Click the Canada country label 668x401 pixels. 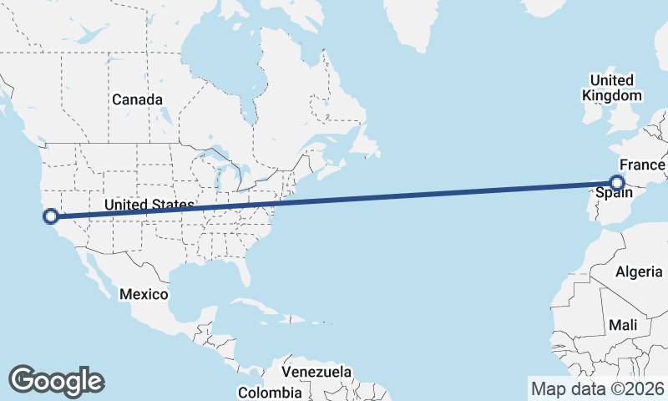click(x=137, y=99)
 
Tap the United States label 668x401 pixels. click(x=149, y=205)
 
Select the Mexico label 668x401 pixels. click(x=144, y=294)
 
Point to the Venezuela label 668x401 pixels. click(x=316, y=372)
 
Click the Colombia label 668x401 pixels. click(x=270, y=392)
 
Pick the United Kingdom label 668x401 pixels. click(x=611, y=88)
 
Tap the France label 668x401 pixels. click(x=641, y=165)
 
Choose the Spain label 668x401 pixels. click(x=613, y=194)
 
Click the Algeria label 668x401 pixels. click(x=638, y=272)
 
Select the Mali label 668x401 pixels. click(x=623, y=324)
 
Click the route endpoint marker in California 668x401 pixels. click(x=50, y=216)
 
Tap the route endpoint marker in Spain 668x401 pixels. click(x=617, y=182)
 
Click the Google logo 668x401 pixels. click(x=56, y=381)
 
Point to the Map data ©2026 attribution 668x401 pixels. click(x=598, y=388)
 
